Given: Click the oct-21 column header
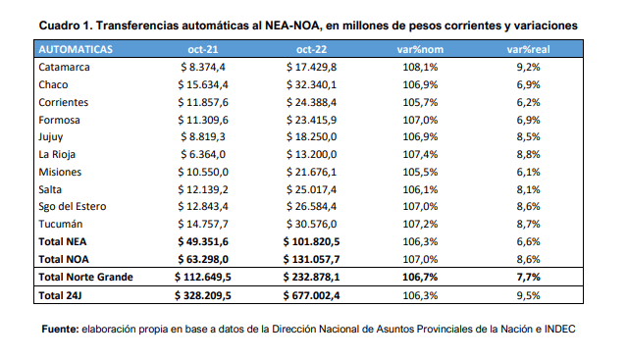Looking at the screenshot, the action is (x=203, y=49).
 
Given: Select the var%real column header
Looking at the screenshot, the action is (x=528, y=49).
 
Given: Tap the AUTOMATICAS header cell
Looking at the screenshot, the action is (x=76, y=49).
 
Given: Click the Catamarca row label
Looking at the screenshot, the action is (x=64, y=67).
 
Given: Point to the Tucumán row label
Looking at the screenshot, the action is (x=61, y=224).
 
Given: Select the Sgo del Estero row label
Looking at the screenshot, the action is (x=73, y=207).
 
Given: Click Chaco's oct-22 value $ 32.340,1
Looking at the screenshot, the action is (x=311, y=84).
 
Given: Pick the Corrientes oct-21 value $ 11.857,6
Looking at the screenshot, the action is (x=203, y=102).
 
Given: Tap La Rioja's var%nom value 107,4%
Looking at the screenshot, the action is (x=420, y=154).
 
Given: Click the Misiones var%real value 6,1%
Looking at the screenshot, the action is (x=528, y=172).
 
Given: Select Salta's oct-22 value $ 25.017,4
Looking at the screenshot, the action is (x=311, y=189).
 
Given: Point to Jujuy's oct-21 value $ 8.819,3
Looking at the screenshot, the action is (x=203, y=136).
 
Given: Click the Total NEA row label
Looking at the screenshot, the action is (x=63, y=241).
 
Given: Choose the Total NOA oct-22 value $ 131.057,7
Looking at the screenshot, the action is (x=311, y=259).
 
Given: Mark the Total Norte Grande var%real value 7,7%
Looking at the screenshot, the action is (x=528, y=277).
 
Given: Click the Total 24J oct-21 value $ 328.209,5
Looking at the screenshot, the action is (x=203, y=295).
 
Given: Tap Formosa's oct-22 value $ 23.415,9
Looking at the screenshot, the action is (x=311, y=120).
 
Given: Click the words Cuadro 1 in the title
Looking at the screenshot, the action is (x=66, y=26).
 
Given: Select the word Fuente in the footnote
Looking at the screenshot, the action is (x=61, y=329).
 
